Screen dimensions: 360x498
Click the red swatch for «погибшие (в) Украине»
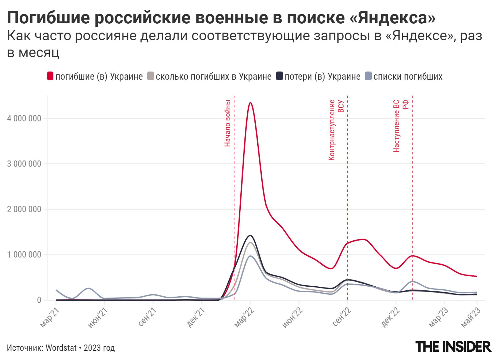[50, 76]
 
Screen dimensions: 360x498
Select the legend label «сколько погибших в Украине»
[213, 77]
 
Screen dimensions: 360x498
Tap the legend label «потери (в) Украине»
[322, 77]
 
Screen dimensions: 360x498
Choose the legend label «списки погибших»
[408, 77]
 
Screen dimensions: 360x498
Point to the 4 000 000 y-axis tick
[24, 119]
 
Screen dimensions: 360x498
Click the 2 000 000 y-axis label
[24, 209]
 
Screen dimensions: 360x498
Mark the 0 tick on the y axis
[39, 300]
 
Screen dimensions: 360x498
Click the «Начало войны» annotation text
[227, 123]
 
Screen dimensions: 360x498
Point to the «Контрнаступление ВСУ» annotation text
[336, 129]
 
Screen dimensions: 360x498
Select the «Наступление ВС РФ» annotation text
[400, 126]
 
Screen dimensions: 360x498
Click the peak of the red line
[250, 103]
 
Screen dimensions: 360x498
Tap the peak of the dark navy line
[250, 236]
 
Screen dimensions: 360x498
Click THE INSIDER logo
[453, 346]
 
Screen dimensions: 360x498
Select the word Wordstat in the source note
[61, 348]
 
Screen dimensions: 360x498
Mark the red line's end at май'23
[477, 276]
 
